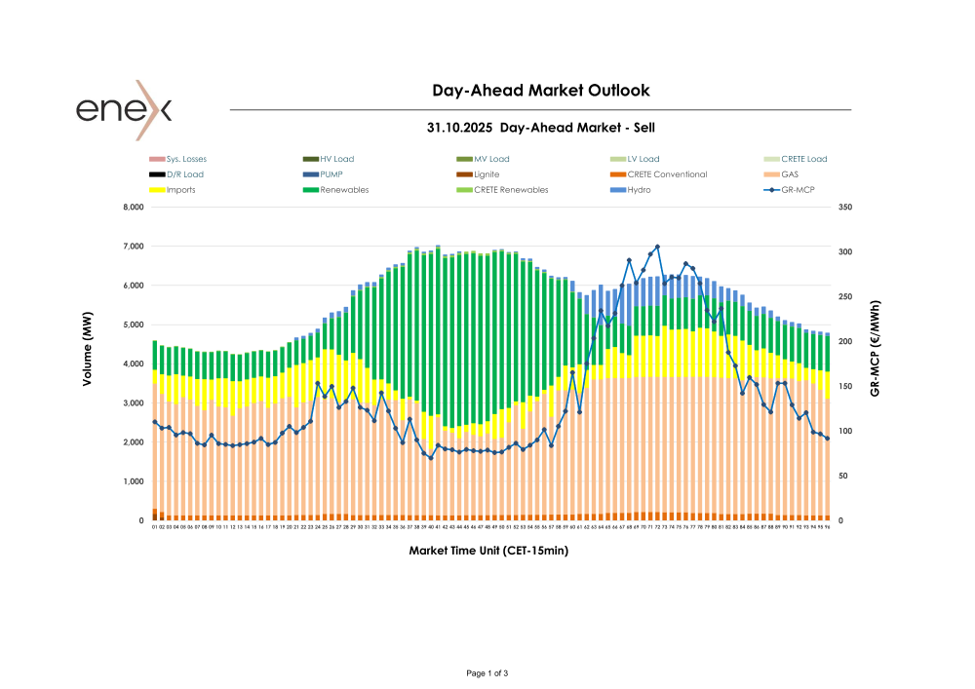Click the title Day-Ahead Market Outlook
pyautogui.click(x=540, y=91)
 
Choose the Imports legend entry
pyautogui.click(x=180, y=190)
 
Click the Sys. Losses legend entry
pyautogui.click(x=186, y=159)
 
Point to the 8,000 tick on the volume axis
pyautogui.click(x=131, y=208)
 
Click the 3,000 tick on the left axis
pyautogui.click(x=131, y=403)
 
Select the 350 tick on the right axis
pyautogui.click(x=844, y=208)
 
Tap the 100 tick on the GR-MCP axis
pyautogui.click(x=844, y=432)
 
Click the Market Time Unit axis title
pyautogui.click(x=488, y=551)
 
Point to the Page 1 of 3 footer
pyautogui.click(x=487, y=673)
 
